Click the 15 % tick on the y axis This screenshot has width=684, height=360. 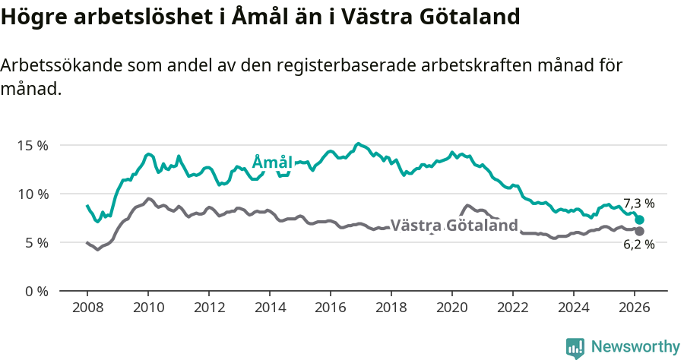(32, 145)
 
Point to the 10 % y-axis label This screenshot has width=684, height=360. (32, 194)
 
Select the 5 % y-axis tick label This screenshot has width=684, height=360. (35, 242)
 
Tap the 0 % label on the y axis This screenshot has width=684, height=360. (35, 291)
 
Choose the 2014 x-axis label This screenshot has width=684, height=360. (269, 308)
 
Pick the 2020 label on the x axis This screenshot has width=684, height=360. (451, 308)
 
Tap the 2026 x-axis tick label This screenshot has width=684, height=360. (634, 308)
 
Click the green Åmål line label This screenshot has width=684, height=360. (272, 163)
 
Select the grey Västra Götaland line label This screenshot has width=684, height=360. (454, 226)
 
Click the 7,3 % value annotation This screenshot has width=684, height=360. (638, 204)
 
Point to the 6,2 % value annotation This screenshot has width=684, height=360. (638, 244)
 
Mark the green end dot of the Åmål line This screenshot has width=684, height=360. (640, 219)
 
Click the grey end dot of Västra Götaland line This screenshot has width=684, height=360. (640, 231)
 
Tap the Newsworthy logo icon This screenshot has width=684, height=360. (575, 347)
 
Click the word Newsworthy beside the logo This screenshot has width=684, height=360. (635, 347)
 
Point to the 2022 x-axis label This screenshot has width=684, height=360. (512, 308)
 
